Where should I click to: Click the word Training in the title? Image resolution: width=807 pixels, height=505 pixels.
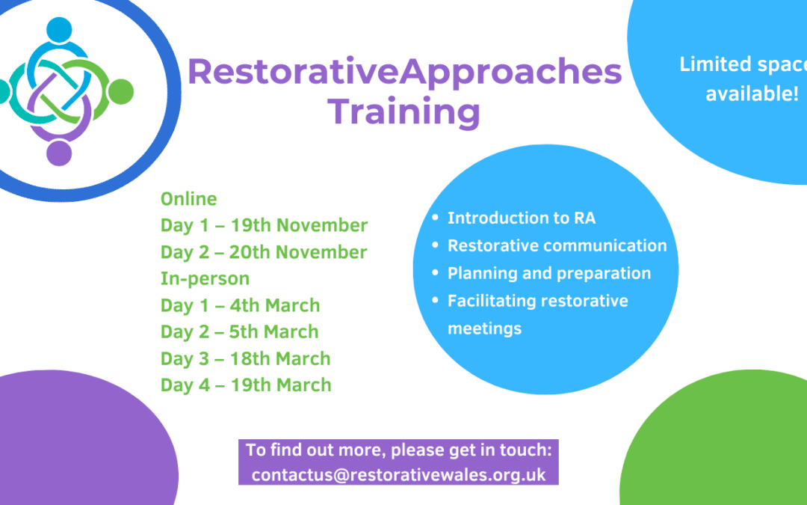point(403,112)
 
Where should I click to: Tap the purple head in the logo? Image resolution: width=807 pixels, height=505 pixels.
point(59,153)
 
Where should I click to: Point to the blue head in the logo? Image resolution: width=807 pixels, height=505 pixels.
point(59,30)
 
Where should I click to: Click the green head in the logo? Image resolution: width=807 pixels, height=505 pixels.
point(121,92)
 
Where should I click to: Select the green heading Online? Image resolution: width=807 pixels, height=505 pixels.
point(188,199)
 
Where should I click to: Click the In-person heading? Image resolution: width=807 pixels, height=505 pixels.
point(205,279)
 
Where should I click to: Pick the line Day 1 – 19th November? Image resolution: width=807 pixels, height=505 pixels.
point(264,225)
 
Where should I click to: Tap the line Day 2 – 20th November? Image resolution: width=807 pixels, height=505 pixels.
point(264,252)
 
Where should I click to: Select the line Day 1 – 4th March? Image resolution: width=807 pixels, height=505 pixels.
point(241,305)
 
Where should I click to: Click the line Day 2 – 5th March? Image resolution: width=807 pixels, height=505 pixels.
point(239,332)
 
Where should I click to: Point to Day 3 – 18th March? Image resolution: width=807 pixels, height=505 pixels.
point(246,358)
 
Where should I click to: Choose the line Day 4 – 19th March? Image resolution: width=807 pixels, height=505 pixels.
point(246,385)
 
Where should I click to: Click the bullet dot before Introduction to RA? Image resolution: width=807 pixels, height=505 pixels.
point(436,218)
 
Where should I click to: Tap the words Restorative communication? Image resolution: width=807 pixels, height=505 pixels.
point(557,245)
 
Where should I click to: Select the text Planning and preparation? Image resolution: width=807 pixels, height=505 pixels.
point(549,273)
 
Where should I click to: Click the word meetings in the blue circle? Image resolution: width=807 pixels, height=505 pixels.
point(484,328)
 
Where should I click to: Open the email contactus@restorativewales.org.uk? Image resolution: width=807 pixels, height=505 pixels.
point(398,474)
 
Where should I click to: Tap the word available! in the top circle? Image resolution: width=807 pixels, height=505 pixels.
point(752,94)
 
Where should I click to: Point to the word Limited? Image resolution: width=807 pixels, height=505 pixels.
point(709,64)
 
